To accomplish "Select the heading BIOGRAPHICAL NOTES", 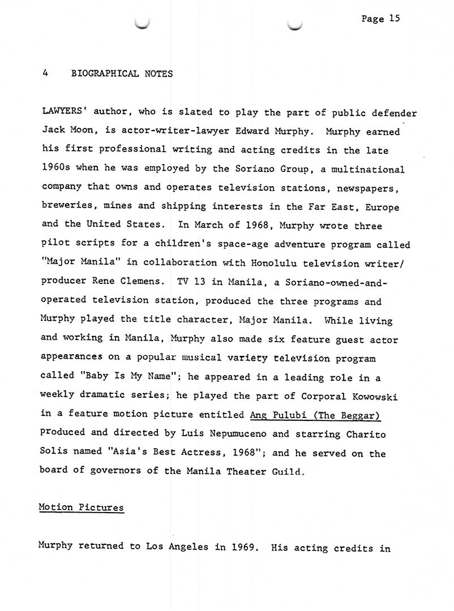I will point(122,74).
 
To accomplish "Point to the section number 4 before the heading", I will point(44,74).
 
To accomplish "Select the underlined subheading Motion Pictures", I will point(81,507).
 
